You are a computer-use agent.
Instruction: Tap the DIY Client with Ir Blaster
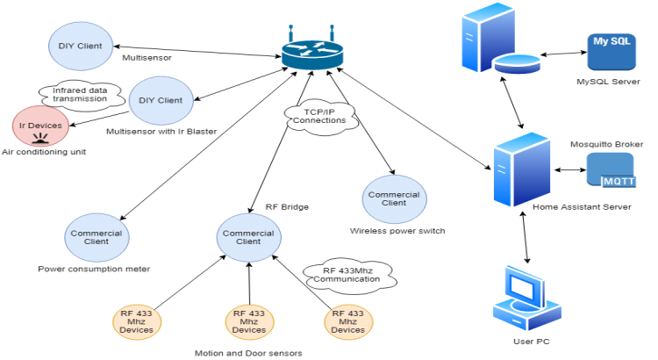coord(161,100)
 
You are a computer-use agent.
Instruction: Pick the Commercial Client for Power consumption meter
coord(97,235)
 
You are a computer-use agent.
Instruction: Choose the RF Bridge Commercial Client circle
coord(248,235)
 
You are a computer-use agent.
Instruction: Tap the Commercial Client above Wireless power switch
coord(394,198)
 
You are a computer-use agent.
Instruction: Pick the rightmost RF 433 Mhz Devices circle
coord(347,320)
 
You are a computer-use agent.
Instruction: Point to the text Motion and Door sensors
coord(248,353)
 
